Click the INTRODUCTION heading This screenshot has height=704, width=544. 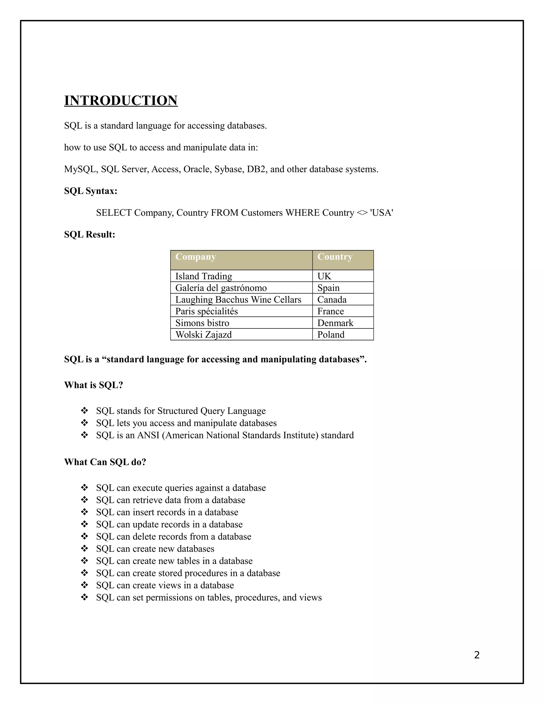click(x=121, y=101)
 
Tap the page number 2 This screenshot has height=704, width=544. click(x=477, y=655)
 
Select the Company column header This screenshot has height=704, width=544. click(x=195, y=257)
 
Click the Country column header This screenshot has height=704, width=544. click(x=335, y=257)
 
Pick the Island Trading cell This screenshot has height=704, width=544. click(x=203, y=276)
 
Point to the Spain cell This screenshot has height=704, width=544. click(x=328, y=288)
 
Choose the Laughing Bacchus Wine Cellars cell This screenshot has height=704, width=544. click(x=238, y=299)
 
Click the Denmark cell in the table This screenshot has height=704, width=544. click(x=335, y=323)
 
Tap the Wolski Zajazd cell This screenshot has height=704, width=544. click(x=203, y=334)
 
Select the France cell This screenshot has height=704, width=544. click(x=330, y=311)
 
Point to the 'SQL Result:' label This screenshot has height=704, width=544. click(x=90, y=234)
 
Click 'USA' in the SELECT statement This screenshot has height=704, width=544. click(x=382, y=213)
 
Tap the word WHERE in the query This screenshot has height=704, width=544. click(x=302, y=213)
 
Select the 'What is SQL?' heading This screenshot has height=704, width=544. click(x=93, y=385)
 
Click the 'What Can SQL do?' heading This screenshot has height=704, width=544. click(x=105, y=462)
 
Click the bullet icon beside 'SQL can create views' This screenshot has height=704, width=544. click(x=84, y=585)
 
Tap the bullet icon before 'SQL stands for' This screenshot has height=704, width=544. click(x=84, y=411)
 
